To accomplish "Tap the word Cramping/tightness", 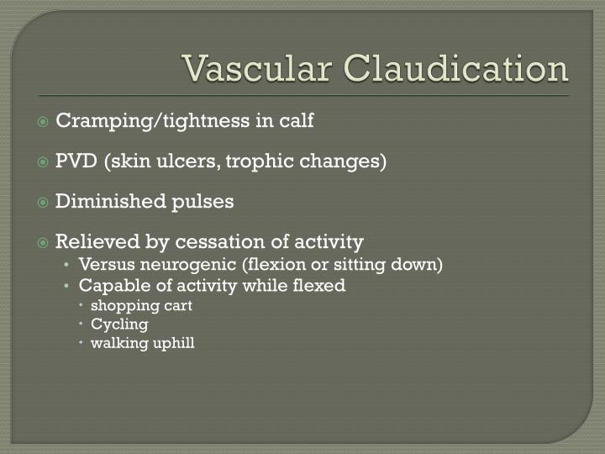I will pyautogui.click(x=153, y=121).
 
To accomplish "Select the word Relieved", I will pyautogui.click(x=93, y=242).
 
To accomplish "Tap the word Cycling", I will pyautogui.click(x=119, y=324).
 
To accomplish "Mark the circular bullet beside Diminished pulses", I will pyautogui.click(x=43, y=203).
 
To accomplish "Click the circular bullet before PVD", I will pyautogui.click(x=43, y=162).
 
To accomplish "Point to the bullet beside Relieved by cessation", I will pyautogui.click(x=43, y=243).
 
